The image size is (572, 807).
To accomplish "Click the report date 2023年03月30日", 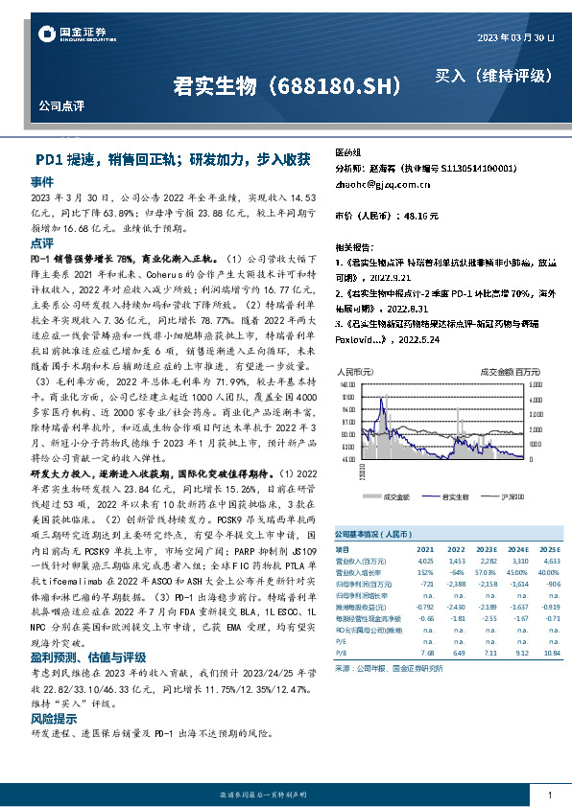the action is pyautogui.click(x=515, y=36).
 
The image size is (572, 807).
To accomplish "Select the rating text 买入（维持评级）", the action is pyautogui.click(x=493, y=75).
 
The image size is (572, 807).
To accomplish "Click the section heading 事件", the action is pyautogui.click(x=42, y=181).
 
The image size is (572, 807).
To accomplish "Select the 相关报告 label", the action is pyautogui.click(x=352, y=246).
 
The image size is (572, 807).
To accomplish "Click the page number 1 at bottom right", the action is pyautogui.click(x=549, y=795).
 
